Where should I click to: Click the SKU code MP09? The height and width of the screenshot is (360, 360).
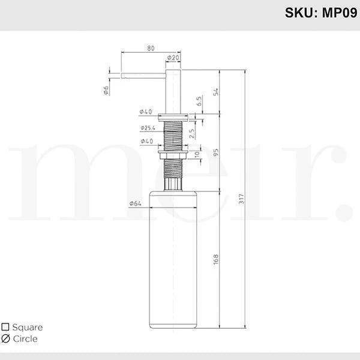point(340,13)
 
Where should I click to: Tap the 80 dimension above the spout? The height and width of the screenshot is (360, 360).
point(151,48)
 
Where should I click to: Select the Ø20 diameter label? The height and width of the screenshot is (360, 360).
point(173,58)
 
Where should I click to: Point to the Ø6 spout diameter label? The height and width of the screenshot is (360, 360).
point(106,90)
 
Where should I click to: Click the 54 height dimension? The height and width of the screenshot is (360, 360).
point(216,92)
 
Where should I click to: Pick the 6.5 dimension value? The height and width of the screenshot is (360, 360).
point(199,101)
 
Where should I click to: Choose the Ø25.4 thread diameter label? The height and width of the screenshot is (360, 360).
point(148,128)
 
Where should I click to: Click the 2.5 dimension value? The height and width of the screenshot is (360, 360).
point(191,133)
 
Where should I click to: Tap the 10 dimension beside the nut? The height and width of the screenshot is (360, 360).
point(197,154)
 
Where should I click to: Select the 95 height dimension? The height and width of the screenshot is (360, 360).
point(216,152)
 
